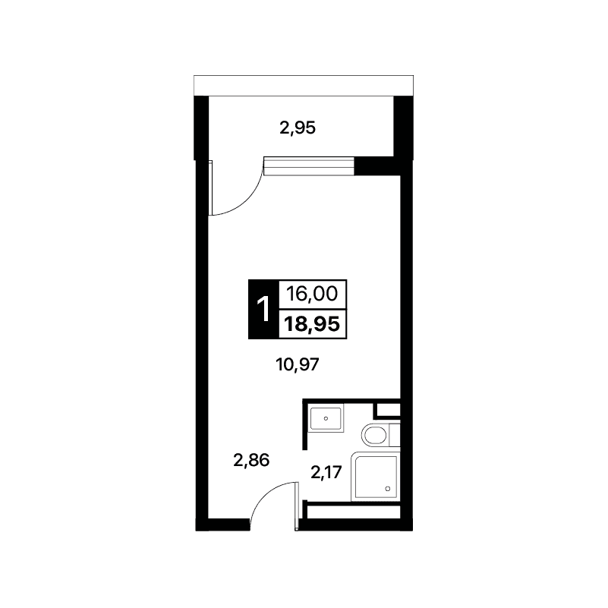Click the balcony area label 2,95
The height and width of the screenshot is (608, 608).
tap(298, 128)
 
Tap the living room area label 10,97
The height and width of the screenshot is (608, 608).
tap(298, 364)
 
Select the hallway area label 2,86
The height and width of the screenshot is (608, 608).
tap(251, 460)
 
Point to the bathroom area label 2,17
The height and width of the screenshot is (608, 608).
tap(326, 472)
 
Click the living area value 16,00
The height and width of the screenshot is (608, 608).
tap(312, 294)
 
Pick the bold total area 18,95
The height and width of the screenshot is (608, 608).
tap(312, 324)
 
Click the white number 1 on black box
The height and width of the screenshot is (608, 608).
tap(263, 309)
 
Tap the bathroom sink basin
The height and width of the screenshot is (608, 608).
tap(326, 418)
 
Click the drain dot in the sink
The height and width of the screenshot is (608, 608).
tap(326, 418)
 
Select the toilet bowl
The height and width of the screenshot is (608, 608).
tap(375, 435)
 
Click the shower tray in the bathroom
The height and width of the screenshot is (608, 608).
tap(375, 477)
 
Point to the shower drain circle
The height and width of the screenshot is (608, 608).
tap(387, 489)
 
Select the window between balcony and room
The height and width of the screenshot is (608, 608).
tap(309, 166)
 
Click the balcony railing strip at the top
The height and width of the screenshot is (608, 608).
tap(304, 85)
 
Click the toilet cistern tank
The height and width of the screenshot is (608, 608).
tap(395, 435)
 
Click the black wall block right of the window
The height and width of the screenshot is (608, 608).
tap(377, 166)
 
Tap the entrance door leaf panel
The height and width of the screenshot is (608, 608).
tap(297, 506)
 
